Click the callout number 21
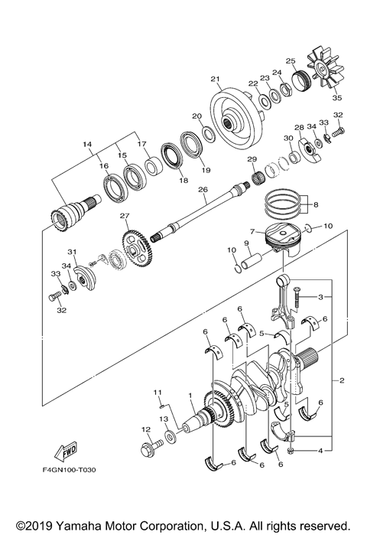(x=215, y=78)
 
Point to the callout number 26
(x=202, y=191)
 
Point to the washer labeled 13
(x=168, y=435)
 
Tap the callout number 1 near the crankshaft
(x=190, y=396)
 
